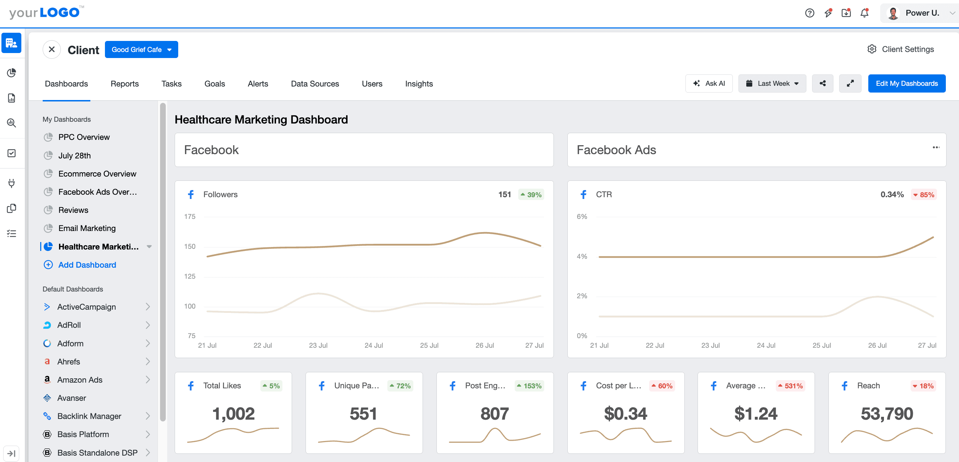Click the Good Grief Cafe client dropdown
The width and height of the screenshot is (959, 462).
coord(141,49)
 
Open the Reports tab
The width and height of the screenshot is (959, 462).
coord(124,84)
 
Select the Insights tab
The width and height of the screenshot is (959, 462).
coord(418,84)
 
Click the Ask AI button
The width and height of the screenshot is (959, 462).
coord(709,83)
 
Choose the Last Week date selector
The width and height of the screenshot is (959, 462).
coord(772,83)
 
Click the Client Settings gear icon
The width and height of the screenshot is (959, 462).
coord(871,49)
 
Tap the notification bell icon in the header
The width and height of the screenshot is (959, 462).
coord(864,13)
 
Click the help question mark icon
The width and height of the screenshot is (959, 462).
coord(809,13)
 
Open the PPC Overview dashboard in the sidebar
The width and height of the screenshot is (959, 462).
coord(84,137)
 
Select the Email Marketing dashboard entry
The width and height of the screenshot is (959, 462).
coord(87,229)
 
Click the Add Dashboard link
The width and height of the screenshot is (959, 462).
coord(87,265)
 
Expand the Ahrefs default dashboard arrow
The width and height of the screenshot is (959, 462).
coord(148,361)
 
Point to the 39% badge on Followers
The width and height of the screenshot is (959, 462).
coord(531,194)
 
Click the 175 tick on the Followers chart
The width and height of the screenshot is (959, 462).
coord(190,216)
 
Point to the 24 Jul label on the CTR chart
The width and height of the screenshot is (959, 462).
coord(766,345)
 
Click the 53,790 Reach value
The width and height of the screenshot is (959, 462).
coord(886,414)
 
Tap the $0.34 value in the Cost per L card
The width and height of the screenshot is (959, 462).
coord(625,414)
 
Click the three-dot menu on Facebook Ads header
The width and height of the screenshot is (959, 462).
coord(936,148)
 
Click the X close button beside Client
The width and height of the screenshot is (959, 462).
coord(52,49)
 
